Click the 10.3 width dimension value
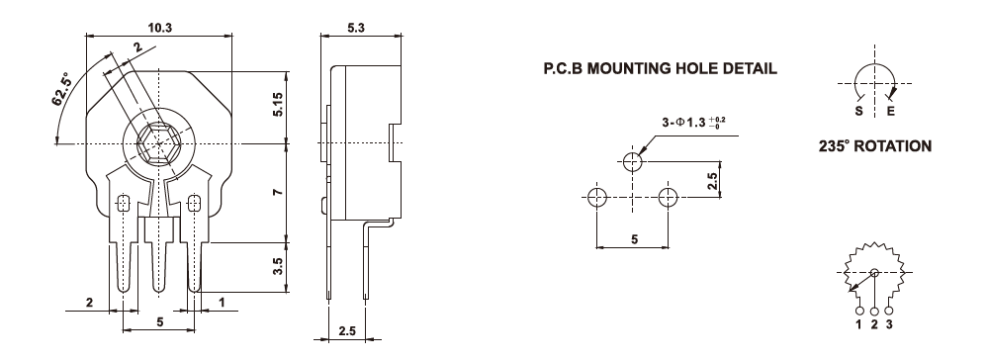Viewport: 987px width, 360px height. tap(159, 28)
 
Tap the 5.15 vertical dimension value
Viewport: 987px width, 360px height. tap(277, 104)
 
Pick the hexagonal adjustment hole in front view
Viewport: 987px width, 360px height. tap(159, 143)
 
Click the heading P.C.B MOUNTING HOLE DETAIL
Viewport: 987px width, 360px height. tap(661, 68)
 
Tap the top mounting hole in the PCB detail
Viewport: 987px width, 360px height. tap(633, 162)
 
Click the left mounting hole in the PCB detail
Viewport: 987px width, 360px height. tap(596, 197)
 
